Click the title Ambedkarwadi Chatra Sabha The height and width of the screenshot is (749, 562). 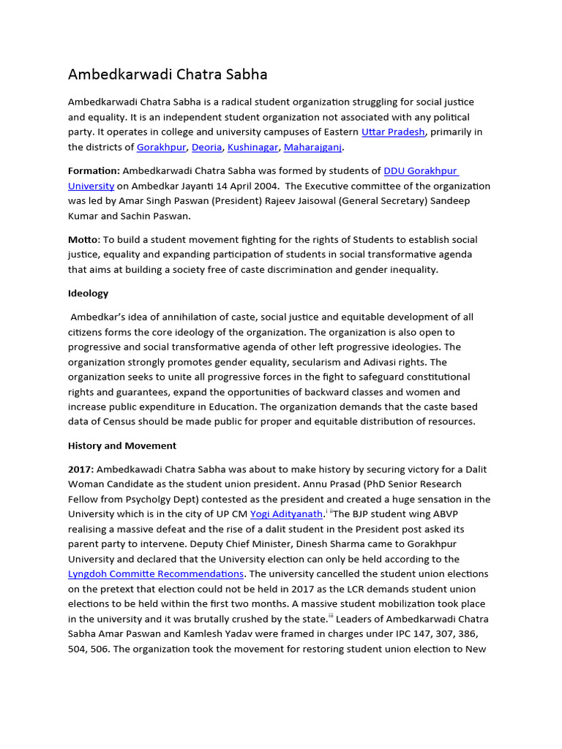point(168,75)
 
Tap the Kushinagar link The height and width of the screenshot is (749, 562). point(252,147)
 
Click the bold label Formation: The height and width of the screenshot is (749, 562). point(94,171)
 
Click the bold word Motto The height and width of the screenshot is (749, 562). point(82,240)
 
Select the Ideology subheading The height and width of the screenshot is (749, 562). point(88,293)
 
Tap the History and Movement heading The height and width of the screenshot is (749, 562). point(122,445)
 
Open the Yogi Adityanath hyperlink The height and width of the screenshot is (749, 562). point(286,514)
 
